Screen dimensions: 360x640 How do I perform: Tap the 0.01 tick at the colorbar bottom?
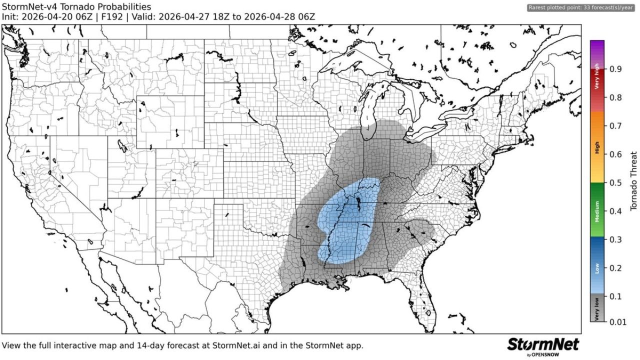(x=618, y=322)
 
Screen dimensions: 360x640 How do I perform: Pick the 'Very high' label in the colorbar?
(x=597, y=79)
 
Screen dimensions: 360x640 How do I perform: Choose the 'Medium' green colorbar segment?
(x=597, y=210)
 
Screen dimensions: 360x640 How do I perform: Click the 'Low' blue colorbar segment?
(x=597, y=267)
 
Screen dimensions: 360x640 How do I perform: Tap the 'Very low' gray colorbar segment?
(x=597, y=309)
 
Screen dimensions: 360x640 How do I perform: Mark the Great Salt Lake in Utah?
(x=122, y=145)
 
